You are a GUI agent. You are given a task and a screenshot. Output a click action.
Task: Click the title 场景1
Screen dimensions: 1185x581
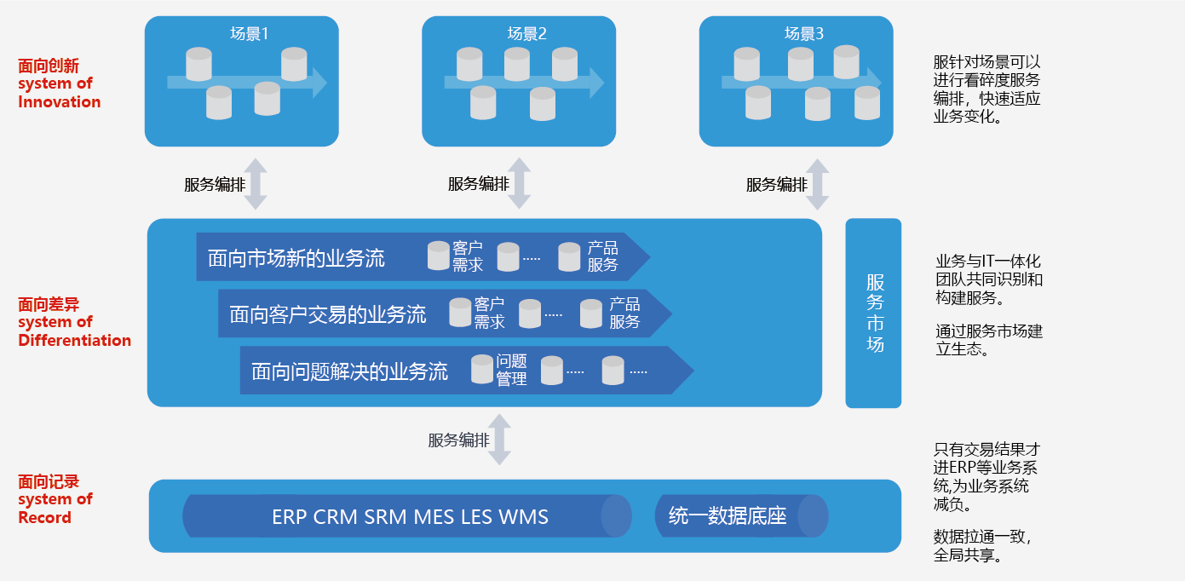249,34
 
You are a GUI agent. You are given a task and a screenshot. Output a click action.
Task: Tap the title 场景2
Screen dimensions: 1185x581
526,34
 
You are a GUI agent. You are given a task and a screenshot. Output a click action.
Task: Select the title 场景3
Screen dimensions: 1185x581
803,34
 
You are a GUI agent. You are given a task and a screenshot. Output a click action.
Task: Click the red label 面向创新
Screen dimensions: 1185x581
49,66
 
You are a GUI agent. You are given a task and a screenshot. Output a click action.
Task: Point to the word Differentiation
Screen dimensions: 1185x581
75,340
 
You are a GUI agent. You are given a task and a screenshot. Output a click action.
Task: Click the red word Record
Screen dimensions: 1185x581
44,517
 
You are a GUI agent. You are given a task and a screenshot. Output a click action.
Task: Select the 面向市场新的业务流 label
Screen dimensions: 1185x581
296,258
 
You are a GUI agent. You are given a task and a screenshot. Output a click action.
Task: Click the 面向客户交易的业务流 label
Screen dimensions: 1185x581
328,315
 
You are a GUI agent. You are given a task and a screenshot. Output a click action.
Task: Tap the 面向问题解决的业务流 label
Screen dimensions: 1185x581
349,371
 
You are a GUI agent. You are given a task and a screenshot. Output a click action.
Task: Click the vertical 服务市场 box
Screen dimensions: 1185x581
873,313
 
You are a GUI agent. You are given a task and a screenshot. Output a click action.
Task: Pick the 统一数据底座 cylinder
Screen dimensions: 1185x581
741,516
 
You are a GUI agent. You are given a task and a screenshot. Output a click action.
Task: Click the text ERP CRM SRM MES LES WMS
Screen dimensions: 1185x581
410,517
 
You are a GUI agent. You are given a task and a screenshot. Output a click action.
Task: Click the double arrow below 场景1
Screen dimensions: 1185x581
256,184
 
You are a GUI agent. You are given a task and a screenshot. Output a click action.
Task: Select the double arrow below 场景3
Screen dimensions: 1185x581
817,184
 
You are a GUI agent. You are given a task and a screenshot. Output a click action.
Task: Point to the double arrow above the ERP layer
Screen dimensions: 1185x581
499,440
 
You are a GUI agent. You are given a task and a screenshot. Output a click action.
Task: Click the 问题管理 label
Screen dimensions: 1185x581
511,370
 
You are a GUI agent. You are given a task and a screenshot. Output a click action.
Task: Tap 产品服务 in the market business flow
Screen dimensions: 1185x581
602,256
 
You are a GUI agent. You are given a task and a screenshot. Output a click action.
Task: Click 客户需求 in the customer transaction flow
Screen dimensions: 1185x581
489,313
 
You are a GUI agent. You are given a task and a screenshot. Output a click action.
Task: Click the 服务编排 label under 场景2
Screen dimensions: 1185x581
478,184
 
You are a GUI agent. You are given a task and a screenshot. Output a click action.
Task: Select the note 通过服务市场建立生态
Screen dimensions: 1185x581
989,340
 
